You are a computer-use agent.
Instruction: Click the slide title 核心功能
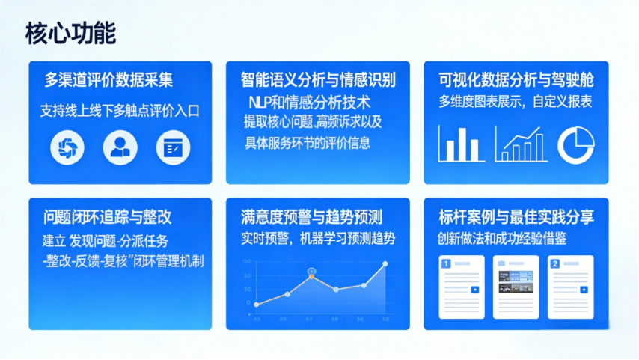70,33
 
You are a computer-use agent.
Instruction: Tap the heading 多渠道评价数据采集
108,79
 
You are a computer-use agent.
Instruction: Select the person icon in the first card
120,147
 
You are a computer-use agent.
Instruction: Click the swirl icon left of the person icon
67,147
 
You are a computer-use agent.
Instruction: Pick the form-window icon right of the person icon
173,147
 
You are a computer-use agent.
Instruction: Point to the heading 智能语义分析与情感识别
318,79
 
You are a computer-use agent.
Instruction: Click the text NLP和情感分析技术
310,103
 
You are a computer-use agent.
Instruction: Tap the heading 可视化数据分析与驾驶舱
516,79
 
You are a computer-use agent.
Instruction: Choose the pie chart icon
576,144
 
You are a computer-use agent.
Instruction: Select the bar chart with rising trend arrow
522,144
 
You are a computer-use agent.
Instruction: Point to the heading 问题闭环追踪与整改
107,217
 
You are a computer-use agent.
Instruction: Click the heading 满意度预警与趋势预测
311,217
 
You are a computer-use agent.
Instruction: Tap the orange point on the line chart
311,276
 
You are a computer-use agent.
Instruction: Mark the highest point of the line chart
385,264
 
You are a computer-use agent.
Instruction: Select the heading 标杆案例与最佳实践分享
516,217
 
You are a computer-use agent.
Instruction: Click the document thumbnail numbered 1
462,287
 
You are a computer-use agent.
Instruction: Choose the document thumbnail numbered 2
570,287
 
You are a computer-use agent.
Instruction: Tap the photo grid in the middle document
516,282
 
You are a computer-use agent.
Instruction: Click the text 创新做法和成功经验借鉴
501,239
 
